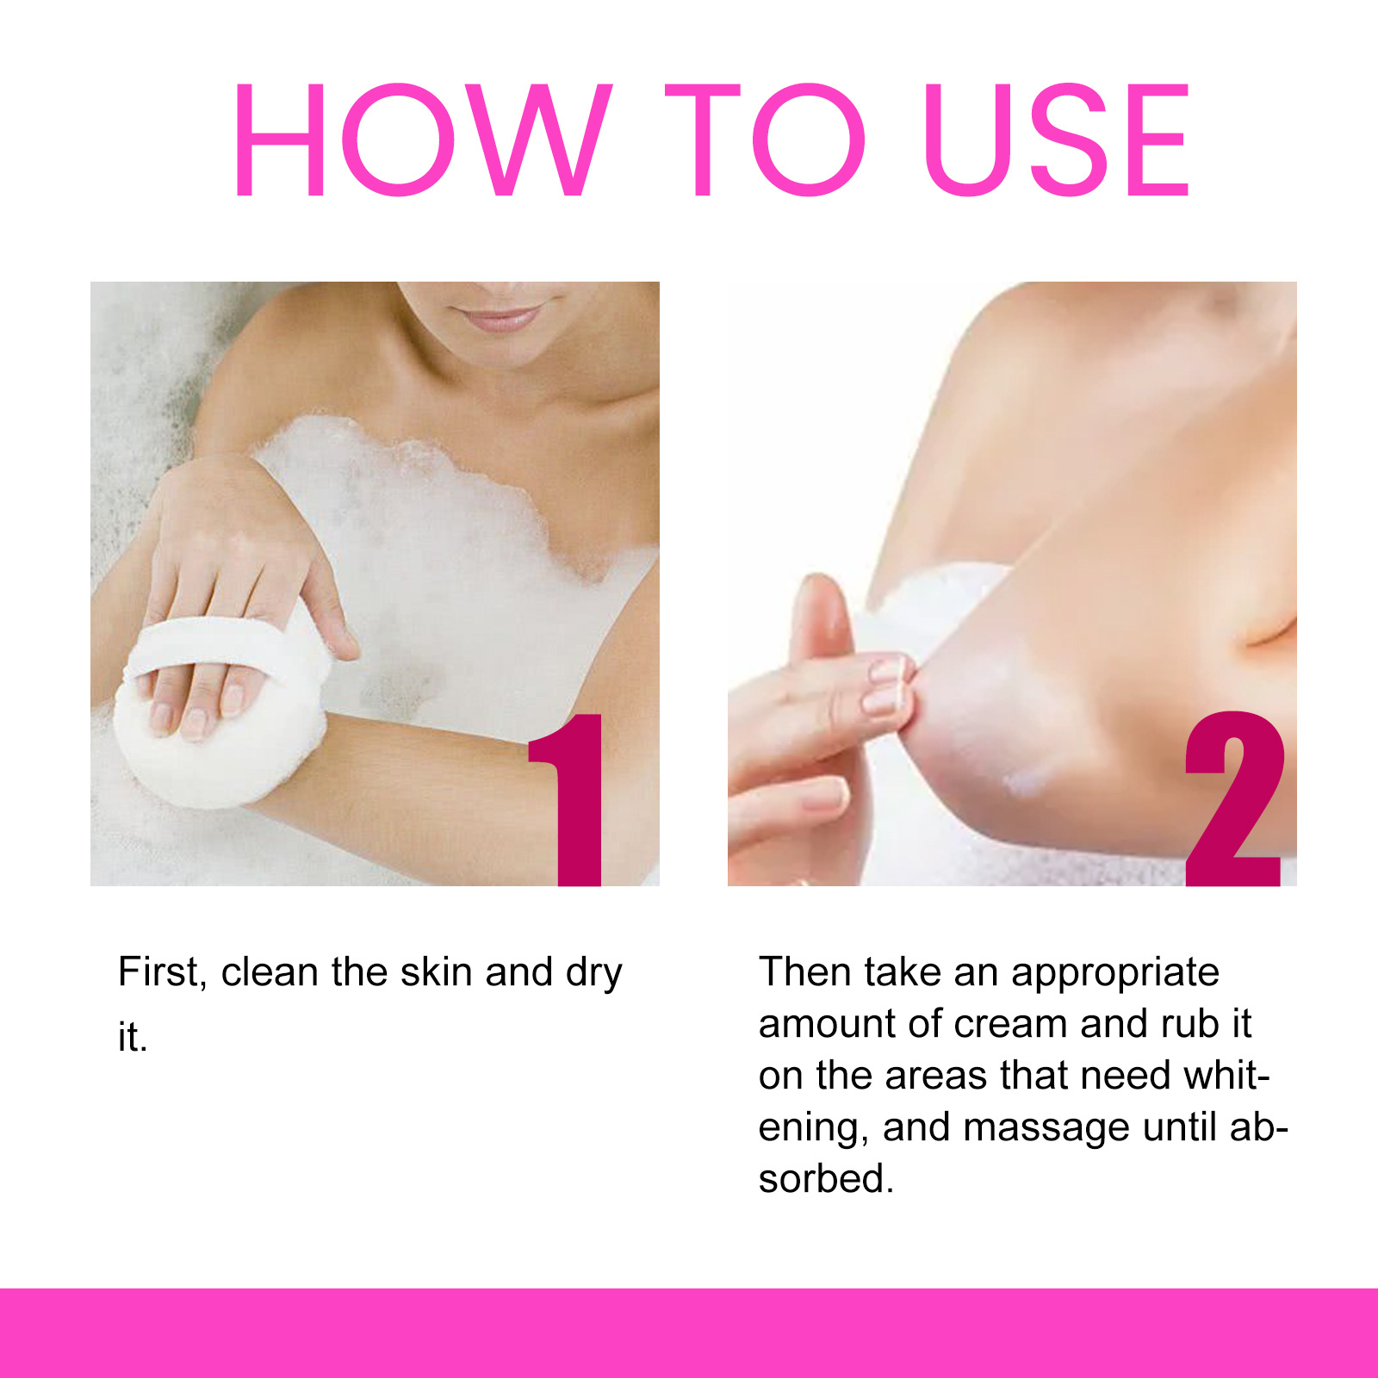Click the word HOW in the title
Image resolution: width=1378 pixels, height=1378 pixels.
coord(422,140)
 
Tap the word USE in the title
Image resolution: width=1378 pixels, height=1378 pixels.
coord(1058,140)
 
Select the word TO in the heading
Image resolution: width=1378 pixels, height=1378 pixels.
coord(765,140)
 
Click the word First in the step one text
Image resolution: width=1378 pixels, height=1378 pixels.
coord(160,972)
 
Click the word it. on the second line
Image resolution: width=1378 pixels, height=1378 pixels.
coord(133,1037)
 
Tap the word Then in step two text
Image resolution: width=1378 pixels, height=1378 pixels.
coord(806,972)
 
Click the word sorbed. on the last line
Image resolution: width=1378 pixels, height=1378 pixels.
coord(825,1179)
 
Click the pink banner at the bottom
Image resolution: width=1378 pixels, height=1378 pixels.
coord(689,1333)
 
